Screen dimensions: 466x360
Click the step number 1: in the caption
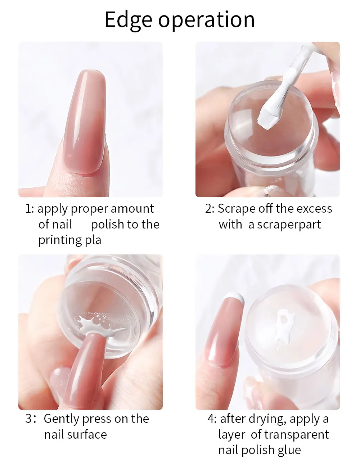(x=30, y=209)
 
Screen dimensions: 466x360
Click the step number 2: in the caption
(x=210, y=209)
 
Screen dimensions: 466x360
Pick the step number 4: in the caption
(x=212, y=419)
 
